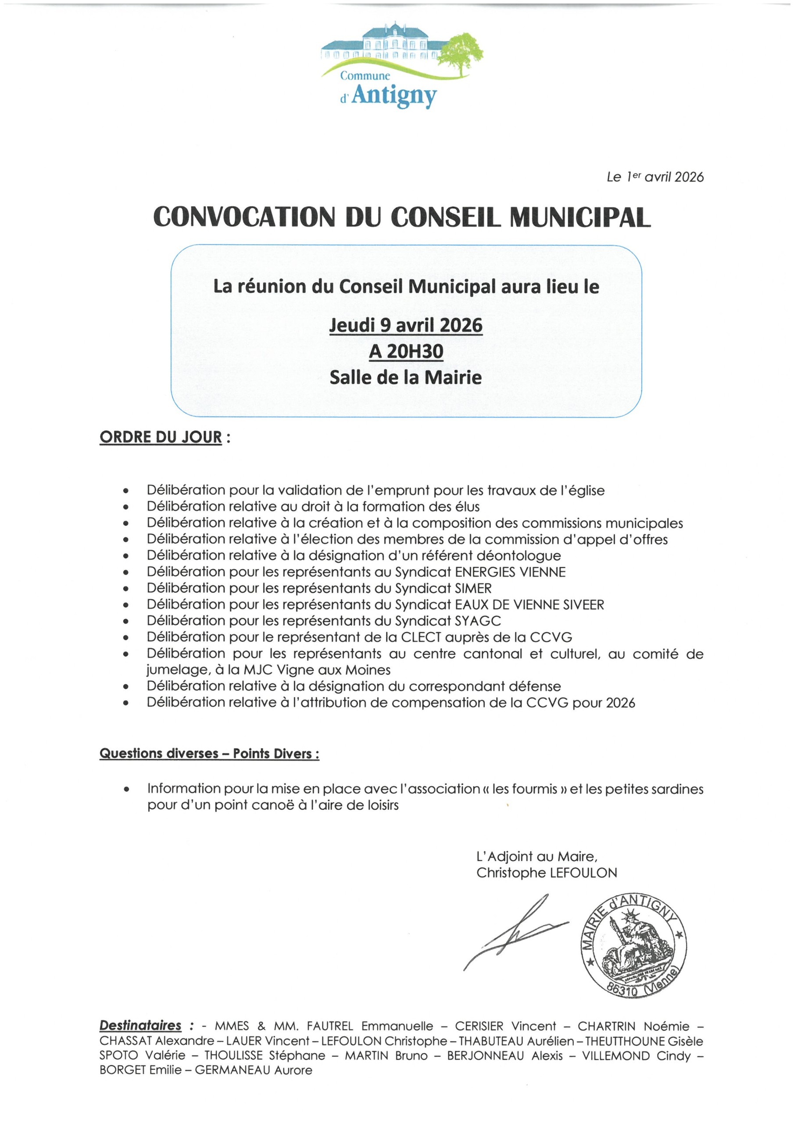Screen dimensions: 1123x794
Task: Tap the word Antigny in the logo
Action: (394, 95)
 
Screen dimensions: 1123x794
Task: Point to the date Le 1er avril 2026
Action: (655, 177)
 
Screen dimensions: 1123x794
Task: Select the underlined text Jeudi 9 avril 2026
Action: (406, 325)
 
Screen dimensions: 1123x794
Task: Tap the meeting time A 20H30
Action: (406, 351)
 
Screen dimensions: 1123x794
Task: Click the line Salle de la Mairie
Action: (406, 377)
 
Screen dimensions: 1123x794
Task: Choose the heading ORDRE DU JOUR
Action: (161, 437)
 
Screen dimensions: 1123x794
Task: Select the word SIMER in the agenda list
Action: (473, 588)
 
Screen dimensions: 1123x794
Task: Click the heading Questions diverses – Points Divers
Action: (209, 753)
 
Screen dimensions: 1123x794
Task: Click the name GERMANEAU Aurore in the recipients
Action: (254, 1070)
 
